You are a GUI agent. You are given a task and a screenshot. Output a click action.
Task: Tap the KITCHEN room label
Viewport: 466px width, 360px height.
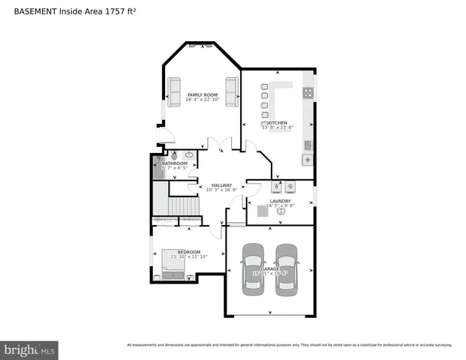(x=278, y=123)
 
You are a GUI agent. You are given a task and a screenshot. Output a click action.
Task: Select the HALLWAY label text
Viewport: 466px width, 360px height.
(x=221, y=185)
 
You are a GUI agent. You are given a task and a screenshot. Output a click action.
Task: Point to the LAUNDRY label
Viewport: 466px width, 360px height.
(x=280, y=201)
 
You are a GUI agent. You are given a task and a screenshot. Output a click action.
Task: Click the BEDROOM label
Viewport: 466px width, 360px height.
(x=188, y=252)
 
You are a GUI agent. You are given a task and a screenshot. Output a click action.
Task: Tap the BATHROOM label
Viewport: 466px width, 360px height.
(x=175, y=163)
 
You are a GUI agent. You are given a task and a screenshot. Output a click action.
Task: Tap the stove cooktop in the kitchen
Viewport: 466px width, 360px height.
(x=308, y=93)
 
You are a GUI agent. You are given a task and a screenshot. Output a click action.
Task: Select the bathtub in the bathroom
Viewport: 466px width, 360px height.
(x=158, y=166)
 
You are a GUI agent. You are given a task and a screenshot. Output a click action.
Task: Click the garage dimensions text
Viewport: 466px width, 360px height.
(x=270, y=274)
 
